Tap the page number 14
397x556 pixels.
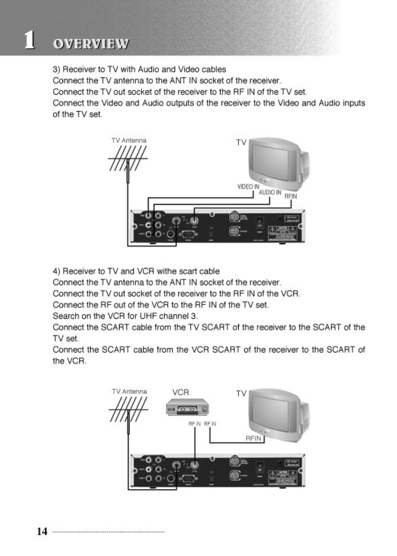[x=42, y=531]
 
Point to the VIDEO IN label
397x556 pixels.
[x=248, y=187]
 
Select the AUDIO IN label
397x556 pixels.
[x=270, y=192]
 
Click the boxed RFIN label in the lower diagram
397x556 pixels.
[x=255, y=438]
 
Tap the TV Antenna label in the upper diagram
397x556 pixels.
[x=129, y=140]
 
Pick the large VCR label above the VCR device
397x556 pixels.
[x=180, y=393]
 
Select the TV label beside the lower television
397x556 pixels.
[x=241, y=394]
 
